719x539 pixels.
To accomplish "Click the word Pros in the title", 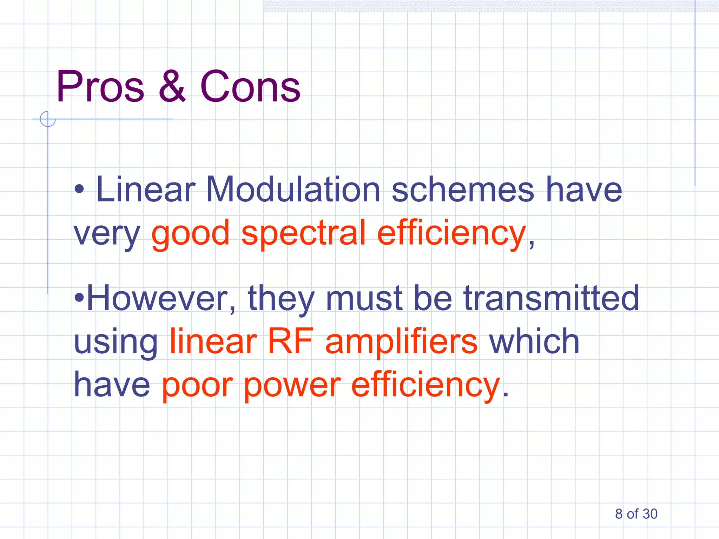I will (x=100, y=87).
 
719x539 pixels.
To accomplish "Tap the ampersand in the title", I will (x=172, y=87).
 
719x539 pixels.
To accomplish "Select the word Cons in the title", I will (x=250, y=87).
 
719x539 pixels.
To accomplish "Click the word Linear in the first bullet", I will (x=145, y=189).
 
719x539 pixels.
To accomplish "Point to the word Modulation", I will (x=293, y=189).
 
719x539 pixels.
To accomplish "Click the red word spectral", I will (x=304, y=233).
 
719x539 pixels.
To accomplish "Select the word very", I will (x=107, y=234).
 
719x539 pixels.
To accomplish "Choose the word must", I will (x=364, y=298).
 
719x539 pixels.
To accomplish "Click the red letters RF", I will (x=290, y=341).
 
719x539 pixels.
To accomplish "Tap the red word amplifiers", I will (x=401, y=341).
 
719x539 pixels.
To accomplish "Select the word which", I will (x=534, y=341).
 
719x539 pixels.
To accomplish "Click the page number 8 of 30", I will (x=636, y=514).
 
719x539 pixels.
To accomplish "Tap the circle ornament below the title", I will (x=48, y=119).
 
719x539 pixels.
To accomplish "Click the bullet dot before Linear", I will (x=79, y=190).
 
